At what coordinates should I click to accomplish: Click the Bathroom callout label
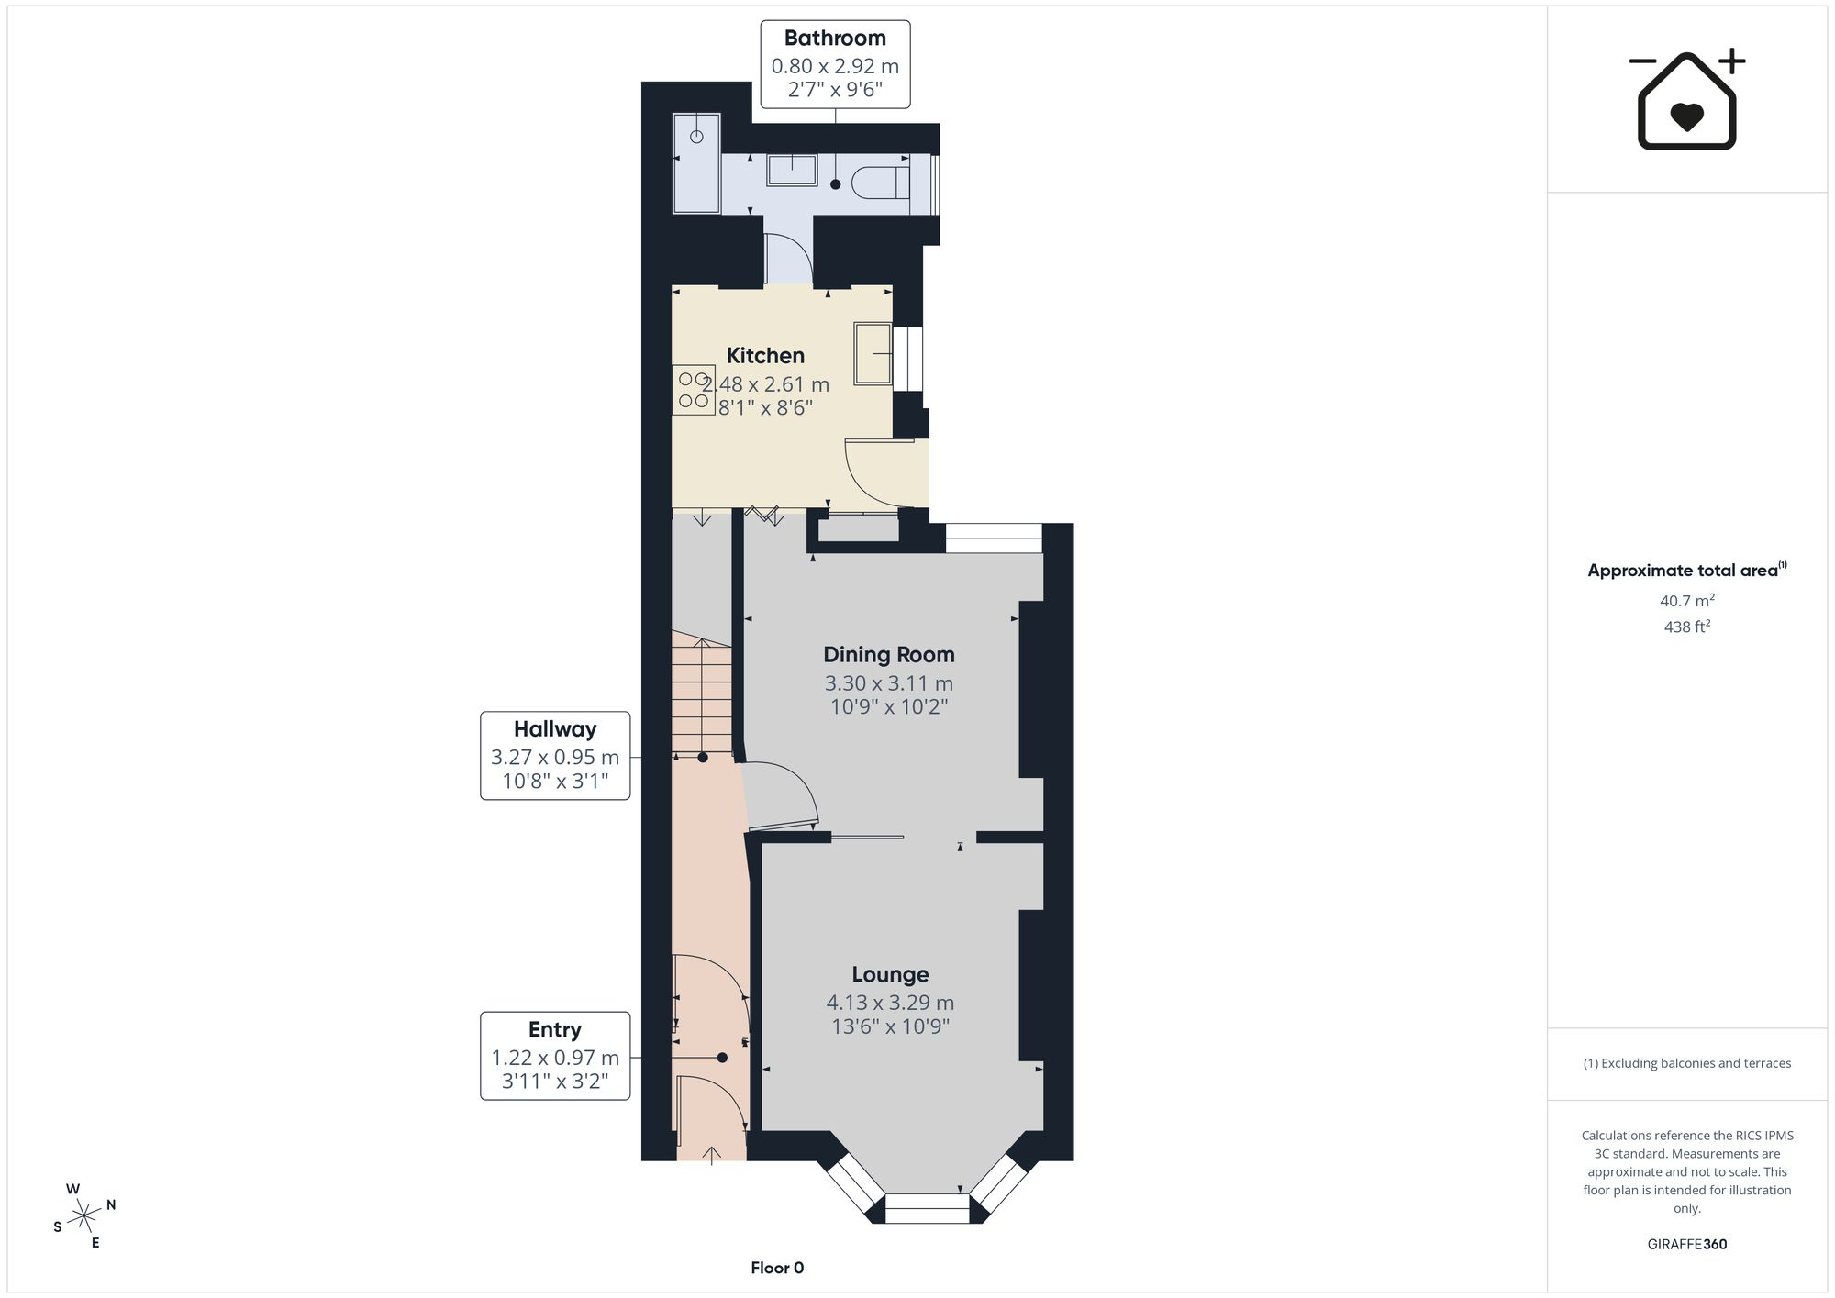[835, 39]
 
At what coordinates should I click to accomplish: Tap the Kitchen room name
[765, 356]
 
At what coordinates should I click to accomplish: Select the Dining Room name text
[888, 655]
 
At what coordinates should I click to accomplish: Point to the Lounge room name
[890, 975]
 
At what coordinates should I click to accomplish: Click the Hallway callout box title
[555, 729]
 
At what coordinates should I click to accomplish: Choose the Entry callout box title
[555, 1030]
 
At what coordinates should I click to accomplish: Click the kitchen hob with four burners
[694, 390]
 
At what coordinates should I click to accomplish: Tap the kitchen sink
[873, 353]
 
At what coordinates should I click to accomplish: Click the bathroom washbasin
[792, 170]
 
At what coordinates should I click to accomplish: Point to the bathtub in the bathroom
[697, 162]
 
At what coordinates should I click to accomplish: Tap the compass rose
[84, 1216]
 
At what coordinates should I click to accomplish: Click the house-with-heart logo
[1686, 100]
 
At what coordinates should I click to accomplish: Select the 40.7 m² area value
[1687, 601]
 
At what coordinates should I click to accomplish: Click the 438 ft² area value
[1687, 627]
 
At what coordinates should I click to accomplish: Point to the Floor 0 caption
[777, 1269]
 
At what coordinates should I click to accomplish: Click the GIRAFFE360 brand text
[1687, 1245]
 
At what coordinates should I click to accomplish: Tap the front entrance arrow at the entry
[713, 1155]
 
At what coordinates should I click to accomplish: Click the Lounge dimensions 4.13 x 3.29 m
[890, 1003]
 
